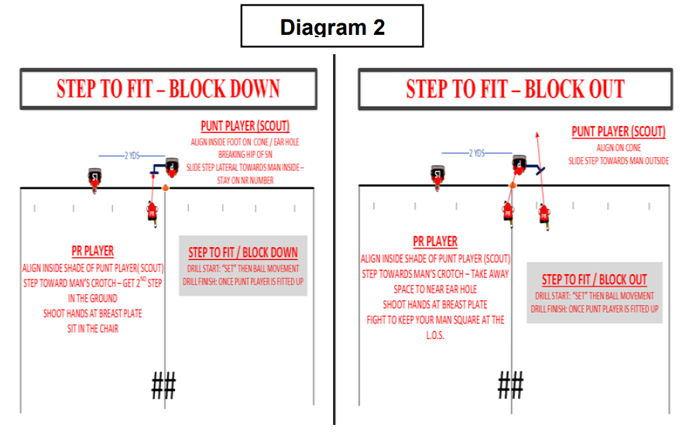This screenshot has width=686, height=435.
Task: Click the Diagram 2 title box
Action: pos(332,26)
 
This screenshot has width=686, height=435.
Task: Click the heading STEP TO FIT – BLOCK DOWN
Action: pos(168,88)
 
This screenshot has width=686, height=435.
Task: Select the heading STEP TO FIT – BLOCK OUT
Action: pos(515,88)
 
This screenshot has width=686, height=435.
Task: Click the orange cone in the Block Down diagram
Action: pos(165,187)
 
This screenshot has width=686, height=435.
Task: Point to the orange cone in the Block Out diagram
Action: pos(511,186)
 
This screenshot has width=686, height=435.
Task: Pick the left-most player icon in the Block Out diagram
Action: pos(438,175)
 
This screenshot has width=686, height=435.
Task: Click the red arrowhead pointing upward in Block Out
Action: pos(533,135)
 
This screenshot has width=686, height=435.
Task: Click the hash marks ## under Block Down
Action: pos(163,385)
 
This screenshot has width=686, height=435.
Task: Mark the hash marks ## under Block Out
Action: pos(510,384)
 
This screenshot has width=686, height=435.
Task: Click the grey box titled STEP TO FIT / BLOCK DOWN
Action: pos(242,266)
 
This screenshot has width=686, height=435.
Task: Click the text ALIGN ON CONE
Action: pos(617,147)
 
